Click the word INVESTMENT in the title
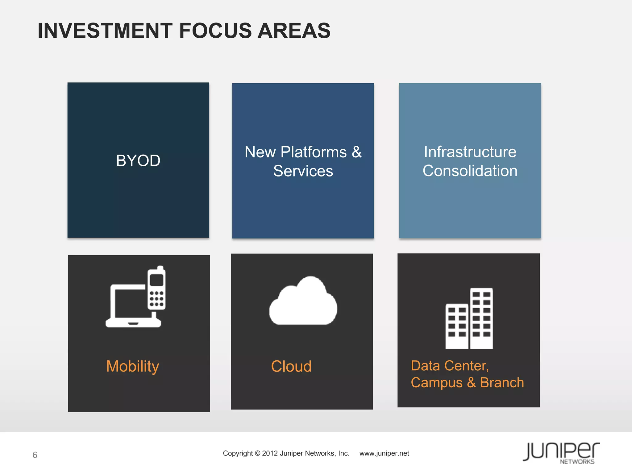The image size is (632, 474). [x=105, y=31]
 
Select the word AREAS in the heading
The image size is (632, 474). [x=294, y=31]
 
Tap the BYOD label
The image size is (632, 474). [x=138, y=160]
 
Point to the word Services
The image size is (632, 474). [x=303, y=171]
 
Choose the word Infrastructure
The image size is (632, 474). [x=470, y=152]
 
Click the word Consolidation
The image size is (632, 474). [x=470, y=171]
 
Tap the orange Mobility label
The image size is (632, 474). [x=133, y=366]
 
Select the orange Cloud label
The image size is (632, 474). [x=291, y=366]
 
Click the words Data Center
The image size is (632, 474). [x=449, y=366]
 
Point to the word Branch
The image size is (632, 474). [x=502, y=383]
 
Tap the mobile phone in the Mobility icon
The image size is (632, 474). [x=157, y=289]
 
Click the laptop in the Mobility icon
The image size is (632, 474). [x=130, y=309]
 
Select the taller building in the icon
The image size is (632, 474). [x=481, y=318]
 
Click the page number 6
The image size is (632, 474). [x=35, y=455]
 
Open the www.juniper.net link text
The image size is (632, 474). [x=384, y=453]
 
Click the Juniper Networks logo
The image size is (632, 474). [x=561, y=453]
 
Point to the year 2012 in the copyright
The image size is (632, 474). [x=270, y=453]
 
